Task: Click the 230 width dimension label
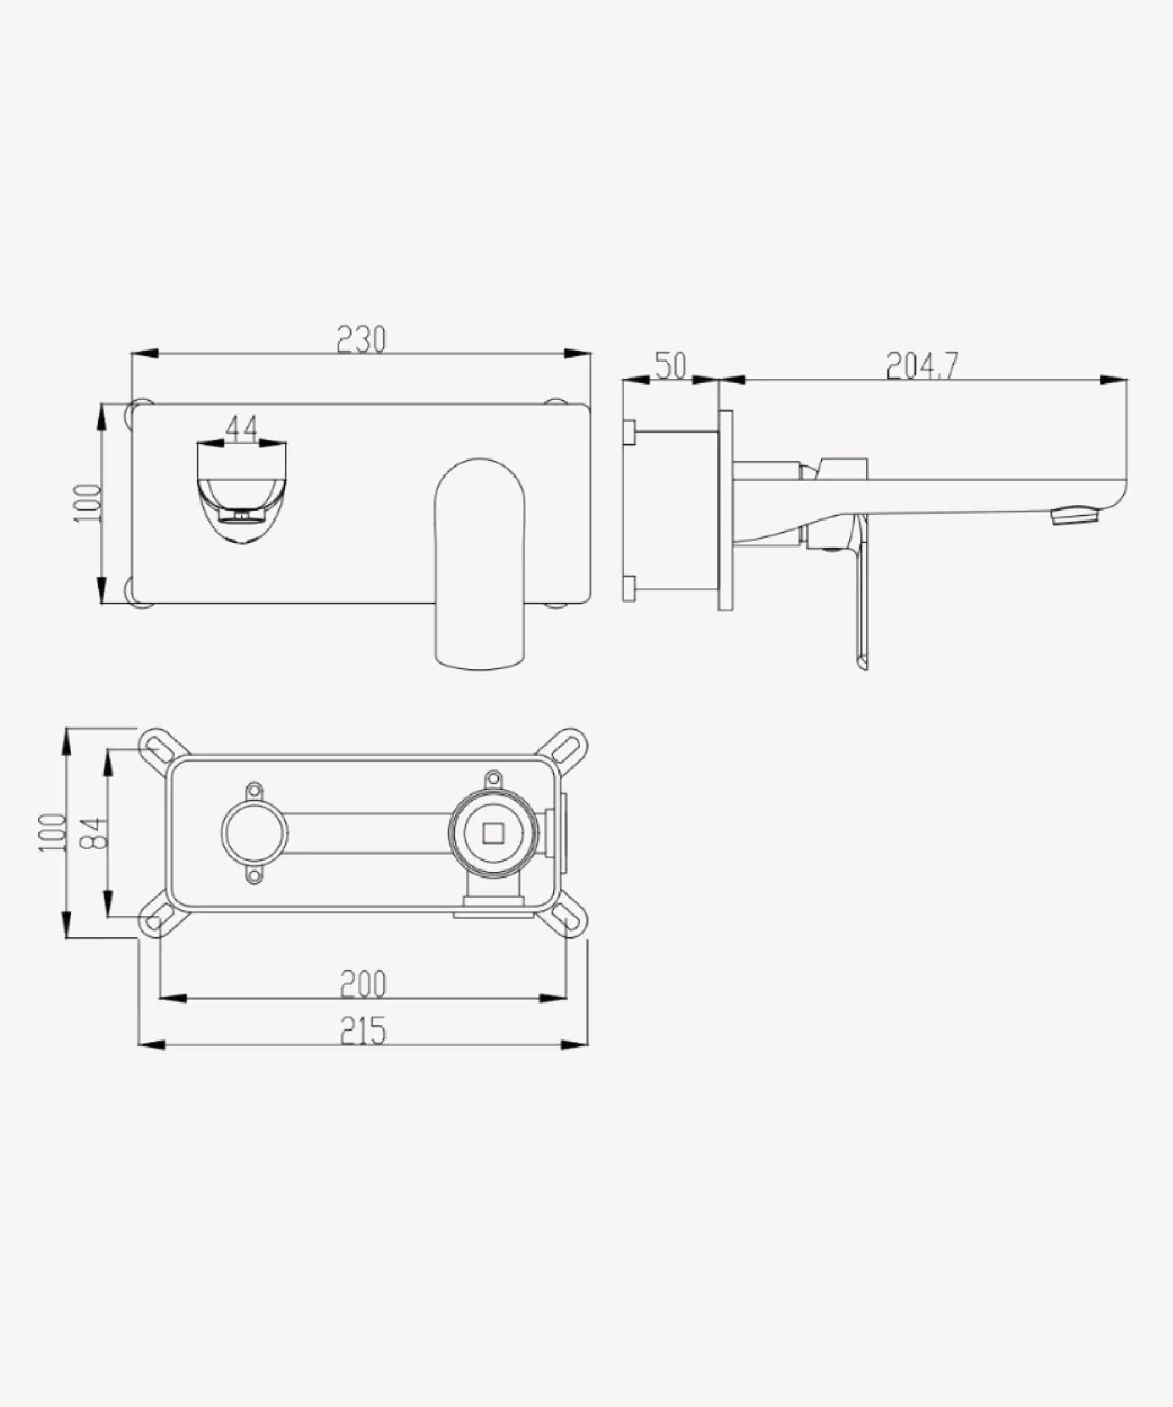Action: point(361,339)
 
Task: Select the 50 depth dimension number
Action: point(671,366)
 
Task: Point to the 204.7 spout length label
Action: point(923,366)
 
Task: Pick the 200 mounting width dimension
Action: point(363,984)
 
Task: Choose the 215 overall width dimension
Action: point(363,1031)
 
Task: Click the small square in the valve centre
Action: point(493,833)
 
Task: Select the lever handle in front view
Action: point(479,564)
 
